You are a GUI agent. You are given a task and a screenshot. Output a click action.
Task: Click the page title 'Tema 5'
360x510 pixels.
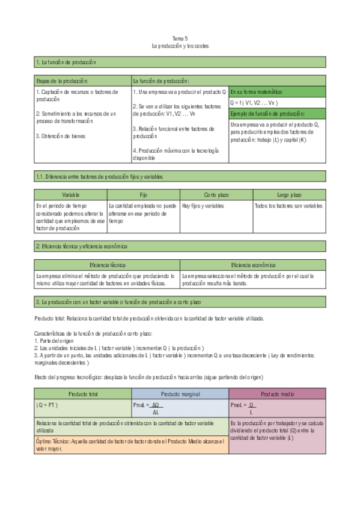click(x=180, y=38)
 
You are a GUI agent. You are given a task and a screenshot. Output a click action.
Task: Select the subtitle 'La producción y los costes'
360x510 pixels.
click(x=180, y=46)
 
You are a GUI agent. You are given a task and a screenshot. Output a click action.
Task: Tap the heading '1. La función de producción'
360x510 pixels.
click(x=66, y=63)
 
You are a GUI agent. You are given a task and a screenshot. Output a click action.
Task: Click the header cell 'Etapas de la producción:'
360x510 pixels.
click(x=63, y=81)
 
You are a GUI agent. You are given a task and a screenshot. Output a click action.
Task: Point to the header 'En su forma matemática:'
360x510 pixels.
click(x=256, y=92)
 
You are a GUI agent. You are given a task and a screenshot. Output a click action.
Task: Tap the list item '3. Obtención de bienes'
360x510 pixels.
click(x=60, y=136)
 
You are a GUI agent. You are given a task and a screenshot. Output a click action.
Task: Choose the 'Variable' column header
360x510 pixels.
click(x=70, y=195)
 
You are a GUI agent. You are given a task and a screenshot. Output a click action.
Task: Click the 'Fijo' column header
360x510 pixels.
click(x=143, y=195)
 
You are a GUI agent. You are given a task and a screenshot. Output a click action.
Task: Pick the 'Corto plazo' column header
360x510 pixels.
click(x=216, y=195)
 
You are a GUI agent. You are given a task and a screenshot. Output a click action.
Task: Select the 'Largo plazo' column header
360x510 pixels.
click(x=289, y=195)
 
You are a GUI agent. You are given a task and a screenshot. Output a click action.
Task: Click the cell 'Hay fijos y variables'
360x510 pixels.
click(x=203, y=206)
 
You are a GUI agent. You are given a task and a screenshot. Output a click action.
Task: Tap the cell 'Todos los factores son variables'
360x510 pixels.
click(x=288, y=206)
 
